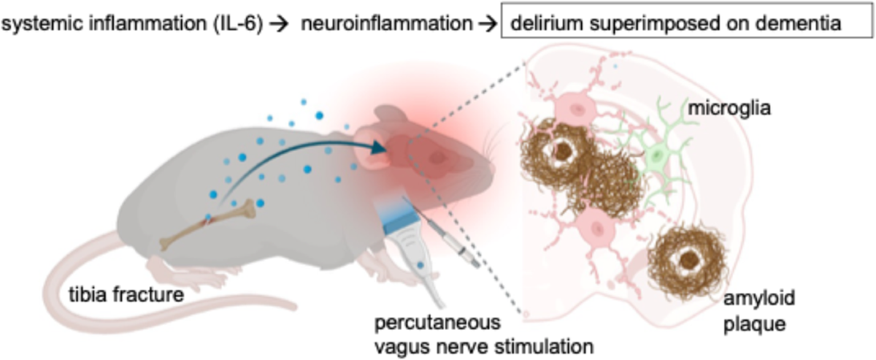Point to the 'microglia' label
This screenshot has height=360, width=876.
(721, 111)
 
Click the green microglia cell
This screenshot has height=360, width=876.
(657, 156)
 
